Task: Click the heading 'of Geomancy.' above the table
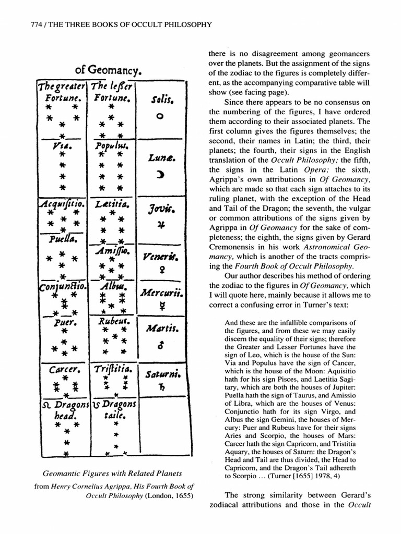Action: point(110,69)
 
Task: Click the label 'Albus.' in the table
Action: point(110,286)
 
